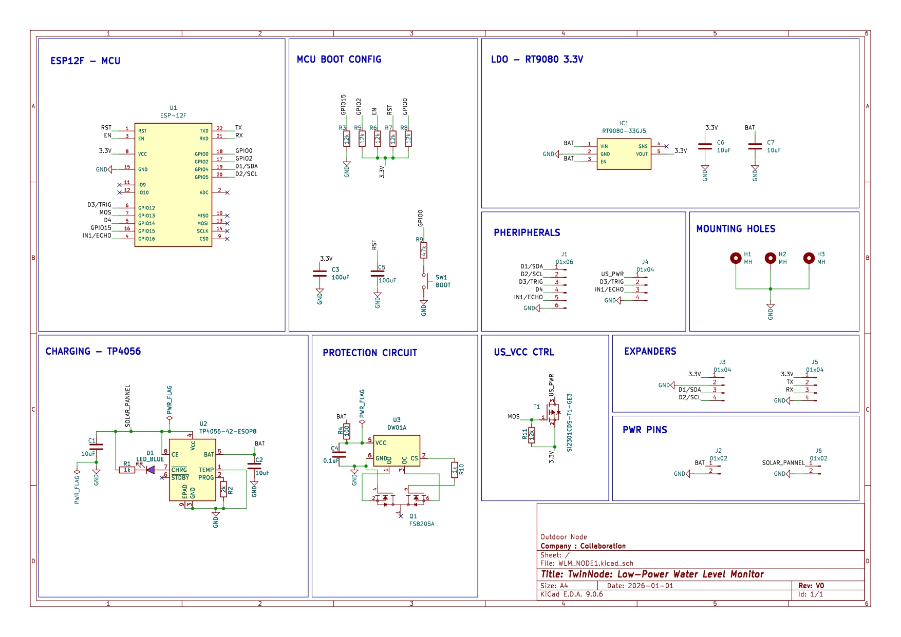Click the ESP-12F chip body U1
(x=173, y=185)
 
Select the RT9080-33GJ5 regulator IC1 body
(x=624, y=154)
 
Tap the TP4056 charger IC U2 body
(x=192, y=470)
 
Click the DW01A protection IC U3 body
(x=396, y=451)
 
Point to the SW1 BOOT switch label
(x=442, y=281)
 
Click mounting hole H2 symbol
(x=770, y=258)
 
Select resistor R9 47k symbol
(x=424, y=250)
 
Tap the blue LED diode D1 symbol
(x=151, y=470)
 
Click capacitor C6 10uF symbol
(x=705, y=147)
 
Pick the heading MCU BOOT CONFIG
(x=339, y=60)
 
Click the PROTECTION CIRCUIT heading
(x=370, y=353)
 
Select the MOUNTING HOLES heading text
(x=736, y=229)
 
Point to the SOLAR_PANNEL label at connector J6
(x=783, y=463)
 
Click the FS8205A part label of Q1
(x=422, y=524)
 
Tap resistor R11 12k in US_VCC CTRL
(x=532, y=435)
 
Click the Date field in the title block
(x=640, y=586)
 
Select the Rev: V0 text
(x=811, y=586)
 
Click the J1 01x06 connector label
(x=564, y=258)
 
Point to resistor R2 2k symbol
(x=223, y=489)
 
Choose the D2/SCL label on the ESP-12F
(x=246, y=174)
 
